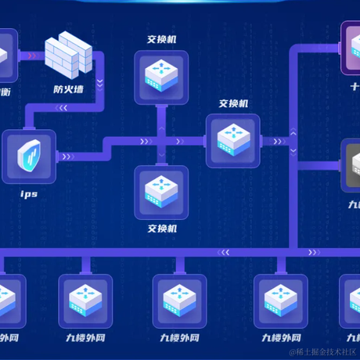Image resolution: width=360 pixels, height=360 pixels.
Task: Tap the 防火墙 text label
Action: (69, 88)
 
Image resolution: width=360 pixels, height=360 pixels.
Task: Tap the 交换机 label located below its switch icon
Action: (162, 229)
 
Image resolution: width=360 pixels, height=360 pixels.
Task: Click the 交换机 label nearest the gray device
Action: (233, 103)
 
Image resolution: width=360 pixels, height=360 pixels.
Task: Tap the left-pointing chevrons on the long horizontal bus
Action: (225, 252)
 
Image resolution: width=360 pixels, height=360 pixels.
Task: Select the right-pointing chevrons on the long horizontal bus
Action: (312, 252)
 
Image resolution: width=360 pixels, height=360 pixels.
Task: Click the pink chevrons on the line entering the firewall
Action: (31, 56)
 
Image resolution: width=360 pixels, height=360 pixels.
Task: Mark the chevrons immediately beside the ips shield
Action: (67, 157)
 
